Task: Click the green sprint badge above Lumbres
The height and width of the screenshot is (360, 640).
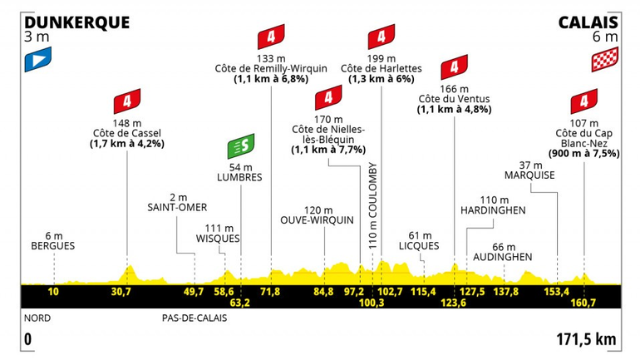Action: point(241,146)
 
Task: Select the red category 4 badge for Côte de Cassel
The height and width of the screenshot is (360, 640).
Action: point(127,101)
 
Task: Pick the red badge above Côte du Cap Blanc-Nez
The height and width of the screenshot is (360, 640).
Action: point(584,101)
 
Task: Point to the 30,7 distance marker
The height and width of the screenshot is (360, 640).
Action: point(122,291)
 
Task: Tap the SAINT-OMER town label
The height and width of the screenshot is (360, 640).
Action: point(176,207)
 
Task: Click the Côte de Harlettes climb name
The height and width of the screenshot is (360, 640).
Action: point(382,68)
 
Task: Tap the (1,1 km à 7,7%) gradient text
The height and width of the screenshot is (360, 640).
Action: point(328,150)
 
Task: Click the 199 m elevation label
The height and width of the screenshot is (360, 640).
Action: point(382,57)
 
